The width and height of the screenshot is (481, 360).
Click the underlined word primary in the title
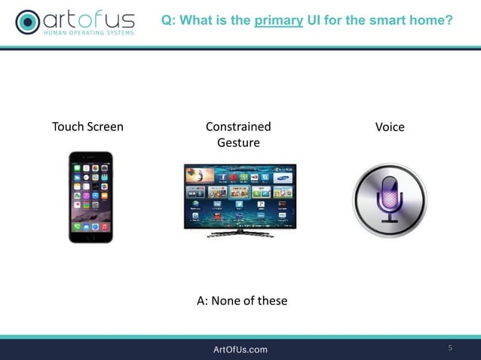tap(279, 20)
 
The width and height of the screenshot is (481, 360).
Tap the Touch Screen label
tap(87, 127)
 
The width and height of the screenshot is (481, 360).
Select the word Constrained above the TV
tap(238, 127)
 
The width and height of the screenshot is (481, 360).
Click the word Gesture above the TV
tap(238, 142)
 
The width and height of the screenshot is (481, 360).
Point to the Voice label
tap(390, 127)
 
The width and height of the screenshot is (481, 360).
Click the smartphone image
tap(90, 197)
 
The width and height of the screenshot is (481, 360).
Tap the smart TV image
tap(240, 196)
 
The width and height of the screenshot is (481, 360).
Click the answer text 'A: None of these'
tap(242, 301)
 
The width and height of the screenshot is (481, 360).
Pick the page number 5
tap(450, 348)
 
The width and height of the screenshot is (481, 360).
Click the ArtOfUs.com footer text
tap(240, 349)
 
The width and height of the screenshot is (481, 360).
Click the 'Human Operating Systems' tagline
tap(89, 33)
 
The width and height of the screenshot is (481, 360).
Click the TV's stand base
tap(240, 233)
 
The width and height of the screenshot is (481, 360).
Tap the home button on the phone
tap(90, 237)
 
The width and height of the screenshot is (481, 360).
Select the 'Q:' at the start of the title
tap(170, 20)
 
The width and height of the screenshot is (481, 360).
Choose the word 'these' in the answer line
tap(272, 301)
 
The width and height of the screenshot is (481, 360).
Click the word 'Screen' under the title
tap(105, 127)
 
